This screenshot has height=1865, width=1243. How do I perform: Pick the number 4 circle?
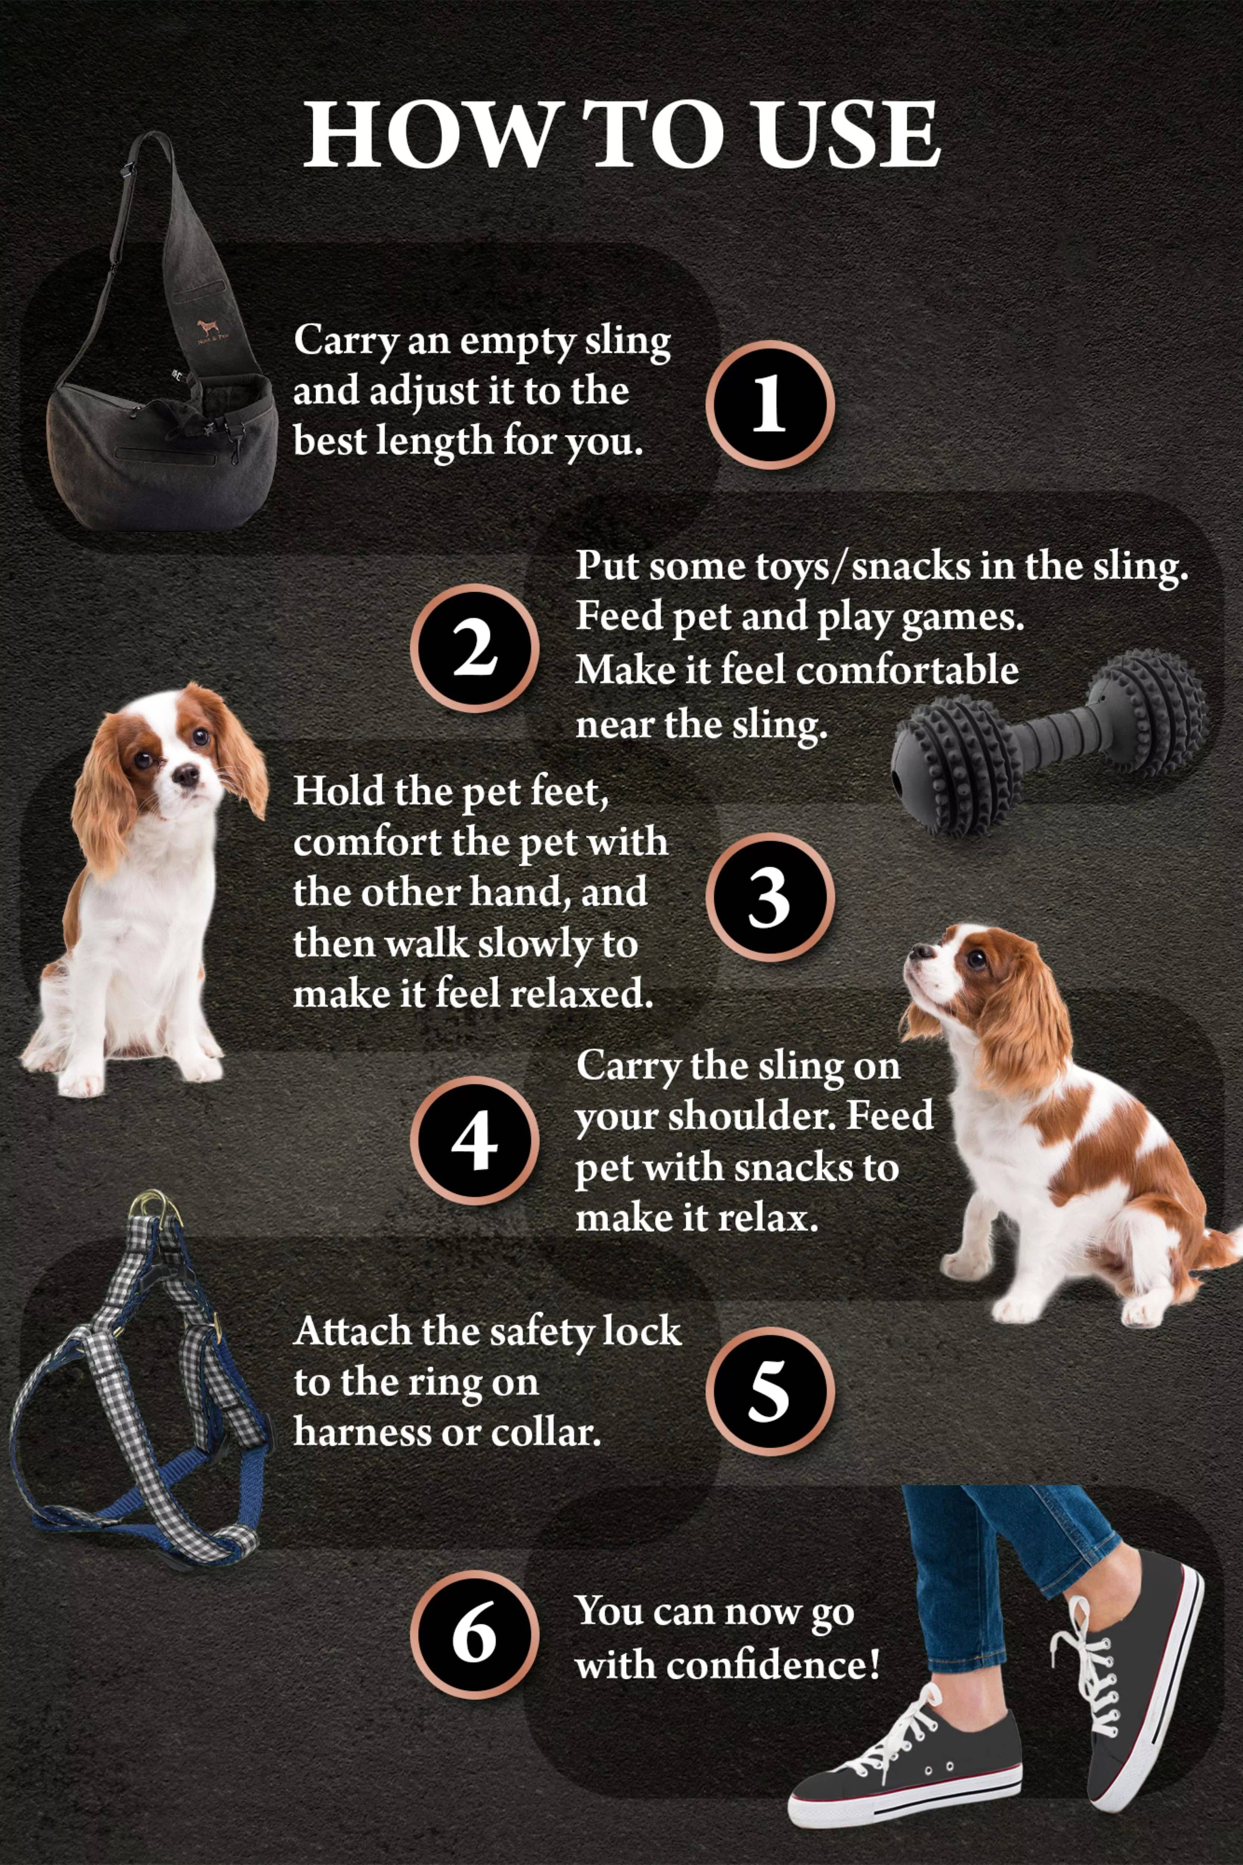474,1140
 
